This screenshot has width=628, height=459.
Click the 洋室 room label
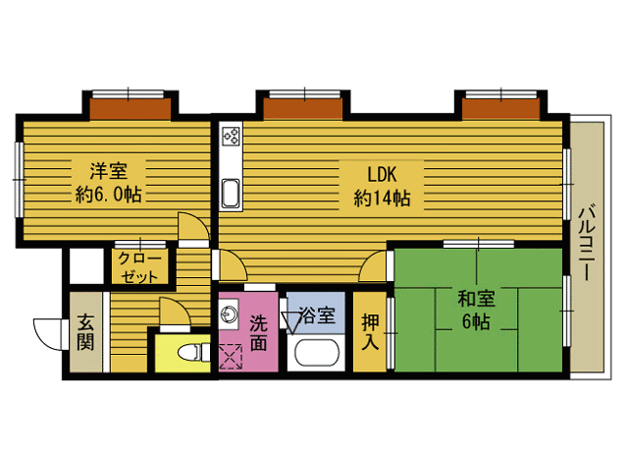(x=109, y=171)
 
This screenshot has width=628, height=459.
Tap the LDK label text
(x=382, y=175)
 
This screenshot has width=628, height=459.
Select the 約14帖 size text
(x=382, y=198)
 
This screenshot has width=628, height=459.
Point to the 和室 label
(x=477, y=299)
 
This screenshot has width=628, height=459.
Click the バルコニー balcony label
(x=587, y=243)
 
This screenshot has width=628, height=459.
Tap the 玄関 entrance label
(x=85, y=332)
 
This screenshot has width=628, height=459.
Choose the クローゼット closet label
(x=139, y=267)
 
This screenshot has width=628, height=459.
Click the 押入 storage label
(x=370, y=331)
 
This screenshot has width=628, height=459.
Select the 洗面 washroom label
(x=259, y=333)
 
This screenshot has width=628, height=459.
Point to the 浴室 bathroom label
(x=317, y=316)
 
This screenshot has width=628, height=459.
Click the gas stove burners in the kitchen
(x=232, y=136)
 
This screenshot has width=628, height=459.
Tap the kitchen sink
(x=231, y=194)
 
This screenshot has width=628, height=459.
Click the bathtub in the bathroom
(x=317, y=353)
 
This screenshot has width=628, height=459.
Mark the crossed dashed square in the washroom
(x=232, y=356)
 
